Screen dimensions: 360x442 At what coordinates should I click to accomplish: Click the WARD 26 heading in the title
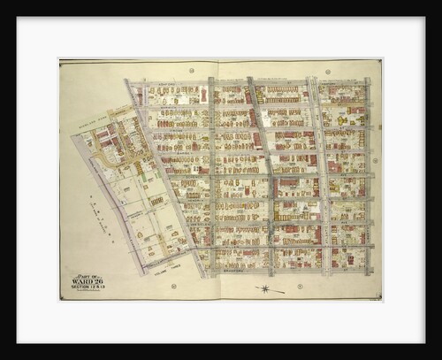point(87,282)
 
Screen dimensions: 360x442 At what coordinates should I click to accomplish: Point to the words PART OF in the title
point(86,276)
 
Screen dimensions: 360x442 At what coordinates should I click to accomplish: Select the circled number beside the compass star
point(301,287)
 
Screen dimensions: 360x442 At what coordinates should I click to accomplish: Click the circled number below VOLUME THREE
point(173,286)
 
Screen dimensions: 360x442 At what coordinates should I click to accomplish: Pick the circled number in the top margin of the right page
point(327,71)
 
